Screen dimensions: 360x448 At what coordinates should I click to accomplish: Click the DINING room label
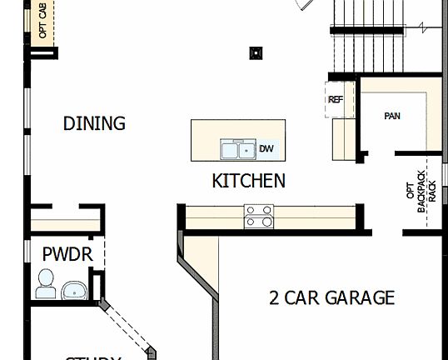click(94, 123)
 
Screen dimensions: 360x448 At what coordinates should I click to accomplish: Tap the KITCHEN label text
click(248, 181)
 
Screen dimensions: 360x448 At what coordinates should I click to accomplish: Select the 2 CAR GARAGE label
click(331, 297)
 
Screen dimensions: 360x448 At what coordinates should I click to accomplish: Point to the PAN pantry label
click(391, 116)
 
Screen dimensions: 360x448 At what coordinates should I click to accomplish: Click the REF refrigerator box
click(336, 100)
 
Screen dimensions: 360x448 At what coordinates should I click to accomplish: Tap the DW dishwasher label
click(266, 149)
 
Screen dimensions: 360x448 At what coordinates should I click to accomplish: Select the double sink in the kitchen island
click(238, 150)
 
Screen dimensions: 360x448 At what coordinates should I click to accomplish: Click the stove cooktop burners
click(258, 217)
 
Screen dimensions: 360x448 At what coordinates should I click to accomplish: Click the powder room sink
click(75, 291)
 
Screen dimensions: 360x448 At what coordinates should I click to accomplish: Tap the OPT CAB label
click(42, 21)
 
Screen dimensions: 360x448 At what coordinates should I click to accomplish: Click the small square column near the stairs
click(256, 54)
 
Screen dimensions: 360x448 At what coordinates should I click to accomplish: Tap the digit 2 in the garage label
click(274, 297)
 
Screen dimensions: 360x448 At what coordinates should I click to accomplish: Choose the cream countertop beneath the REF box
click(342, 138)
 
